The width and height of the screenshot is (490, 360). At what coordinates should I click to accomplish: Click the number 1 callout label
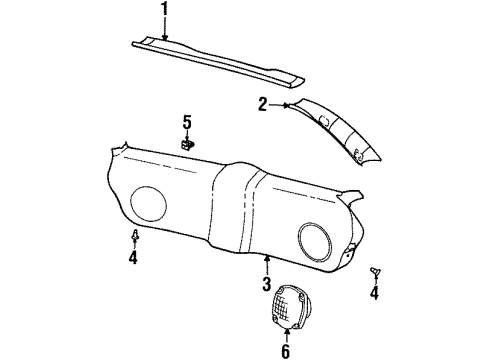click(x=166, y=13)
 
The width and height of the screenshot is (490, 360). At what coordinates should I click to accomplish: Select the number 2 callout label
click(x=262, y=103)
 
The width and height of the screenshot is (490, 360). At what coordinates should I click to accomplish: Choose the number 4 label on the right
click(x=374, y=293)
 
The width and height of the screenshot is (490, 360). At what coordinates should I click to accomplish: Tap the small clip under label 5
click(x=187, y=144)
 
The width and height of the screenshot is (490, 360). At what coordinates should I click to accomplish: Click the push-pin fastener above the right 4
click(x=374, y=272)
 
